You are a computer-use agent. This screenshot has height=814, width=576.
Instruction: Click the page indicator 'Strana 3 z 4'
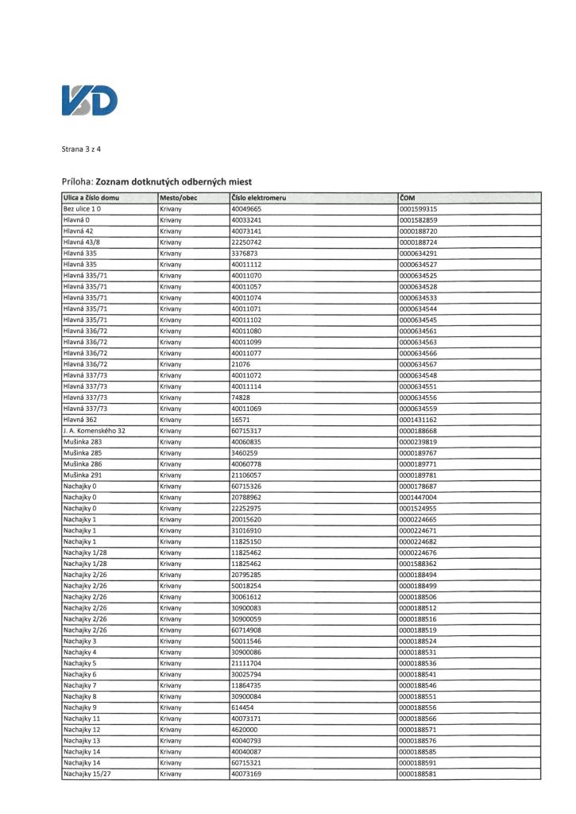[83, 149]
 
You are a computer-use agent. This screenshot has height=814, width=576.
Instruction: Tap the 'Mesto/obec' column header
[178, 197]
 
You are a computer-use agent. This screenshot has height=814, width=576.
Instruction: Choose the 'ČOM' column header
[408, 197]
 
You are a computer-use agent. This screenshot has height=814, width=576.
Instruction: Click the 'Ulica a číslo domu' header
[91, 197]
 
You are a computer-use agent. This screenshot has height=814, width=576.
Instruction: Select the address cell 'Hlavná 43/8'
[81, 242]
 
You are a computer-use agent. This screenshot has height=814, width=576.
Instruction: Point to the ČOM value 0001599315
[419, 208]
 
